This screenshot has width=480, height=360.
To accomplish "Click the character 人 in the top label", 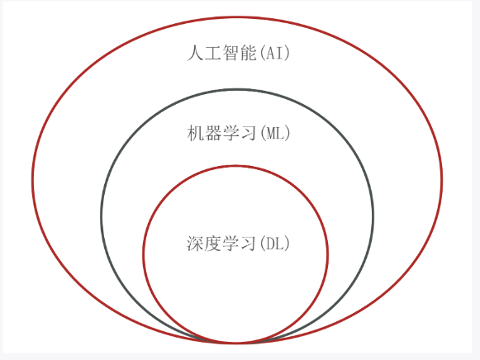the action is tap(195, 53).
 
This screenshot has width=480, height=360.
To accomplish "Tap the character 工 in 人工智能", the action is tap(213, 53).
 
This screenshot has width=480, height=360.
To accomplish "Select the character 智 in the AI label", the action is tap(230, 53).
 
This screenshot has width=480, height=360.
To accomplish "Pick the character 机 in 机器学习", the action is tap(196, 133).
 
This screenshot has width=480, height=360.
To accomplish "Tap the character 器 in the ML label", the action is tap(213, 133).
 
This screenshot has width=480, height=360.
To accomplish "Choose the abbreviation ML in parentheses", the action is tap(274, 134).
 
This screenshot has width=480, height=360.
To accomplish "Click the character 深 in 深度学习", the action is tap(195, 244).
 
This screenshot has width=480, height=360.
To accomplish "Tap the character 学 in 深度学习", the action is tap(230, 244).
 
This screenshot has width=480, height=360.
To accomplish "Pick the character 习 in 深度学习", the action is tap(248, 244).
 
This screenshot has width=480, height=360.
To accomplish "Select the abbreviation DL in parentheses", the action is tap(274, 244).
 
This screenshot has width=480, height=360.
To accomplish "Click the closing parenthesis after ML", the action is tap(288, 134).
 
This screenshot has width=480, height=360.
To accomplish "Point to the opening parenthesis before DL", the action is tap(263, 244).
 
